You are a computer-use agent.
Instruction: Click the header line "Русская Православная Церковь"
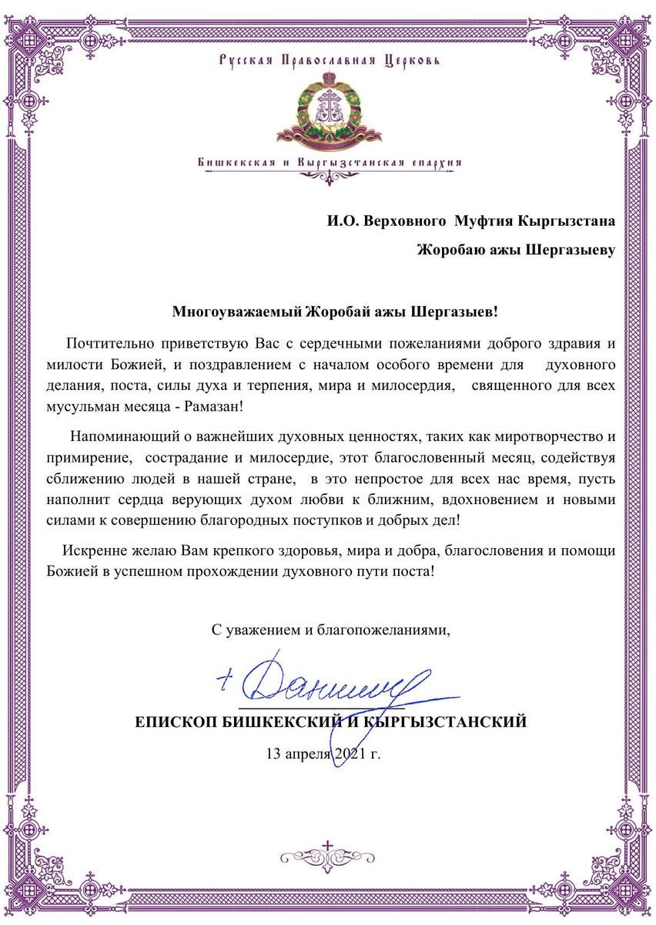[x=328, y=59]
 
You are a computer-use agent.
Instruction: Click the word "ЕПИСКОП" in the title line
[x=176, y=722]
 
